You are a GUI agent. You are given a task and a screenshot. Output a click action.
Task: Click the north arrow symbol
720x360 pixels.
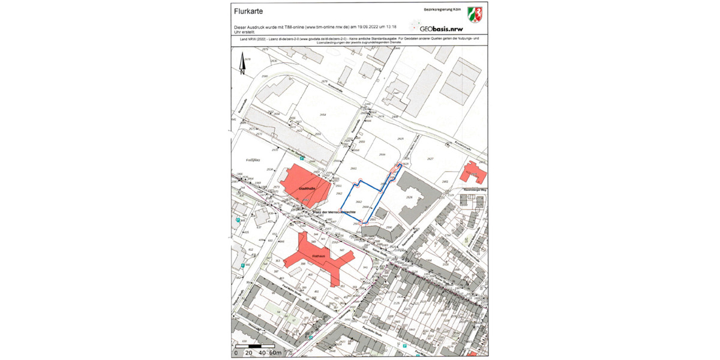click(x=242, y=62)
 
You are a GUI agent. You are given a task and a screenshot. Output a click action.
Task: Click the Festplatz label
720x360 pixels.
click(x=253, y=160)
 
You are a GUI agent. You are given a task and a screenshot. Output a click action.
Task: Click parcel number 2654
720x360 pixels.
click(x=323, y=115)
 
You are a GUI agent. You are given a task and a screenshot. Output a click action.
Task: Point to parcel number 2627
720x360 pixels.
click(x=430, y=158)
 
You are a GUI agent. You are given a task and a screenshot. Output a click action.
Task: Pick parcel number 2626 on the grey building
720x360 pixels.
click(x=409, y=197)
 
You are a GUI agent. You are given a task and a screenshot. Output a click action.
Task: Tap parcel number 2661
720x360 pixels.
click(x=353, y=169)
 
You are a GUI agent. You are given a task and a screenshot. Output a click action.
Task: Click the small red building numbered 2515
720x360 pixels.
click(x=473, y=173)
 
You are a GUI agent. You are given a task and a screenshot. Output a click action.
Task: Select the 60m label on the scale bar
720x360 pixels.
click(x=275, y=353)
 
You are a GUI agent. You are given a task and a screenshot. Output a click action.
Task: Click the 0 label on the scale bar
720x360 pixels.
click(x=235, y=353)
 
